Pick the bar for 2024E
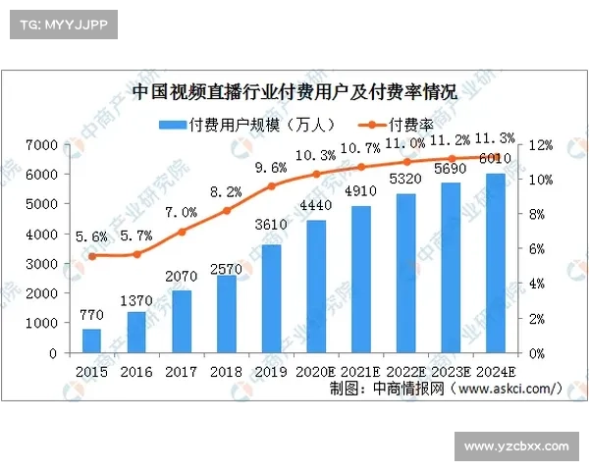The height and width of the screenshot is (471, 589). pyautogui.click(x=496, y=263)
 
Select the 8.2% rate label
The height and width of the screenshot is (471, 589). pyautogui.click(x=225, y=192)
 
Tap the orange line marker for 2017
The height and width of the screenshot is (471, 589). pyautogui.click(x=182, y=233)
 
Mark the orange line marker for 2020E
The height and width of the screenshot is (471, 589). pyautogui.click(x=316, y=175)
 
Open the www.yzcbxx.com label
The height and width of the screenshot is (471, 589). pyautogui.click(x=515, y=446)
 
